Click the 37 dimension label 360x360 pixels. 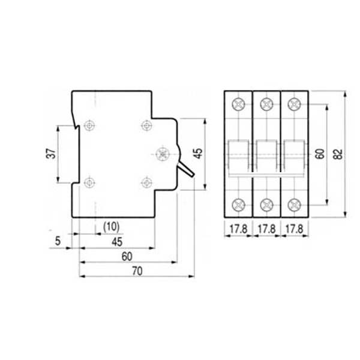[51, 154]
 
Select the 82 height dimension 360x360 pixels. [338, 154]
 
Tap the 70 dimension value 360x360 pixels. [137, 271]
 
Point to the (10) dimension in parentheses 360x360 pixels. [112, 227]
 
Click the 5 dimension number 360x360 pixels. [58, 241]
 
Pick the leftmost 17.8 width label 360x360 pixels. [239, 229]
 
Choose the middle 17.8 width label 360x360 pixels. [266, 229]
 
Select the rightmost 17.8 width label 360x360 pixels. [295, 229]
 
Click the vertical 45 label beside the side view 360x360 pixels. [199, 154]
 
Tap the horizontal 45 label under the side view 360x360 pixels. [117, 242]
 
